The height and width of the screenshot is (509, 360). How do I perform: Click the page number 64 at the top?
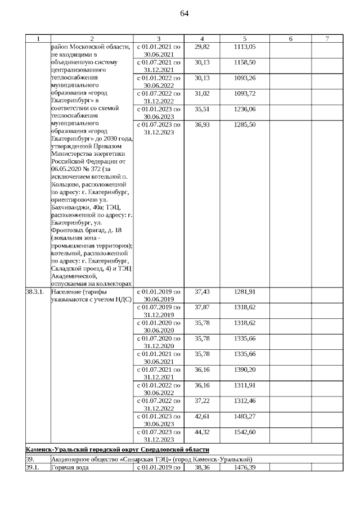184,13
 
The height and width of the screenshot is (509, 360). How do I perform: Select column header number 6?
290,39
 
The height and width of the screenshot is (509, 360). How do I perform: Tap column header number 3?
160,39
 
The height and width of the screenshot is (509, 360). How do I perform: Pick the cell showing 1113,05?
245,47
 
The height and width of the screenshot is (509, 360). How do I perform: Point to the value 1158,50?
245,62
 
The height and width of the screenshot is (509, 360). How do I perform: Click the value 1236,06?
245,109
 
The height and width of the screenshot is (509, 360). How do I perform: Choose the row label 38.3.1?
35,292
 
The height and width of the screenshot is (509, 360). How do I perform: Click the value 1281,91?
245,292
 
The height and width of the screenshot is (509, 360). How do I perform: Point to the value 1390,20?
245,369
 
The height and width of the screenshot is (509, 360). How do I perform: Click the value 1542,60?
245,431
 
